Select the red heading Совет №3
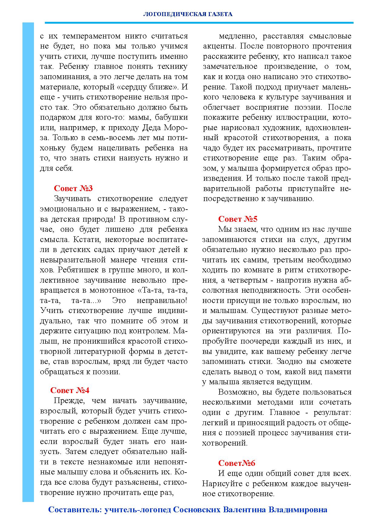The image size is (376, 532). [73, 188]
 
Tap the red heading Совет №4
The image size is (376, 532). [70, 390]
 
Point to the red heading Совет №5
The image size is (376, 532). [238, 219]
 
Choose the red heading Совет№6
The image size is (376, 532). [237, 463]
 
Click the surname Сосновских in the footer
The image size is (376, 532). [197, 510]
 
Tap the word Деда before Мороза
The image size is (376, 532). [153, 128]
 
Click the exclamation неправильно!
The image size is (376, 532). [162, 301]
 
